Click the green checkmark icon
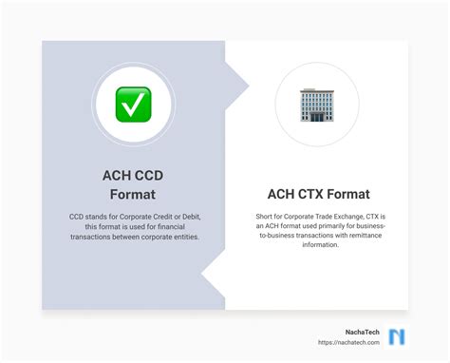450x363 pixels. click(134, 104)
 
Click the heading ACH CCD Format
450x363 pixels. click(134, 184)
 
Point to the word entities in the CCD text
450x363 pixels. click(180, 237)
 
